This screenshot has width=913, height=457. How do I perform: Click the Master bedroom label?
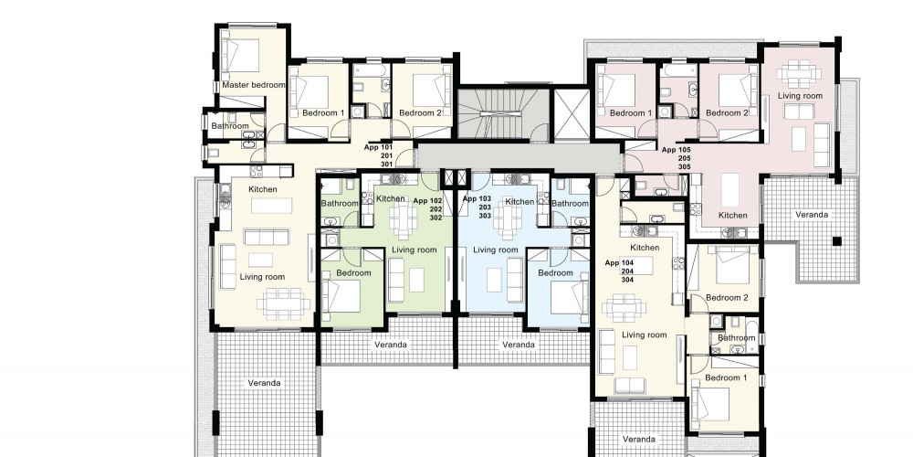tap(254, 85)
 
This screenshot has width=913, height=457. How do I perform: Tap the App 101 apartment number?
tap(379, 147)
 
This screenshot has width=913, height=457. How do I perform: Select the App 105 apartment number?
tap(677, 150)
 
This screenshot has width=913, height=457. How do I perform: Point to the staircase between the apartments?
tap(502, 114)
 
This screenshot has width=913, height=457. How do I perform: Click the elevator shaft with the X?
tap(572, 114)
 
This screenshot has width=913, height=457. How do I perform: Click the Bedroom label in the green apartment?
tap(353, 272)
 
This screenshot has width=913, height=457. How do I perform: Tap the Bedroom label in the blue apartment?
tap(555, 272)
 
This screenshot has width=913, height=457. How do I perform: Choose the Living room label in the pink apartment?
tap(801, 96)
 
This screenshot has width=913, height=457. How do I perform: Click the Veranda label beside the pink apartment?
tap(812, 215)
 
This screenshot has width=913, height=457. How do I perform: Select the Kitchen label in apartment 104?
tap(645, 248)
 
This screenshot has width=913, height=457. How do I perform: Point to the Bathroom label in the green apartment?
tap(340, 204)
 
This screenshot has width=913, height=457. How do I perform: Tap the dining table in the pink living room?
tap(799, 74)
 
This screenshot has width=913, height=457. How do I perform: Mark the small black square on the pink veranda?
tap(836, 241)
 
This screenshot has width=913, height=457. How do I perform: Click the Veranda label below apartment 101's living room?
tap(265, 383)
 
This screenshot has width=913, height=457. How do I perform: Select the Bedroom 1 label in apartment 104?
tap(726, 377)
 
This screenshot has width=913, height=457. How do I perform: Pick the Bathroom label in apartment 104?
tap(736, 337)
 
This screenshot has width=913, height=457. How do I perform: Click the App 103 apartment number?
tap(477, 198)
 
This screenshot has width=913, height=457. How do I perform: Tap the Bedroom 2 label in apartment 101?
tap(420, 113)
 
